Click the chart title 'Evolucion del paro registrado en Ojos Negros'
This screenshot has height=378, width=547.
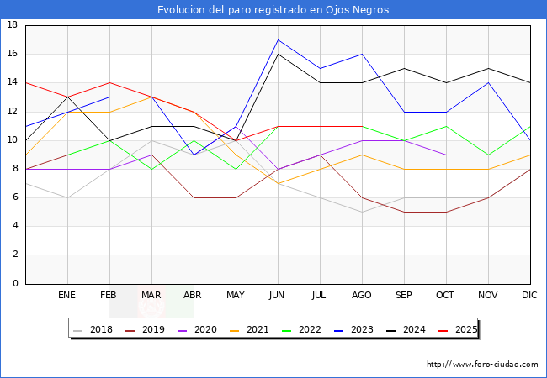coord(273,10)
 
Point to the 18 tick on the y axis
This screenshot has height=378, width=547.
coord(13,25)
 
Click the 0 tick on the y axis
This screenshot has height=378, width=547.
coord(15,284)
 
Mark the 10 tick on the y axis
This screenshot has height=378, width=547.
coord(13,140)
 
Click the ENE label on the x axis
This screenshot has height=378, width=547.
coord(67,296)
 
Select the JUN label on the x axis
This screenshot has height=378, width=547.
coord(278,296)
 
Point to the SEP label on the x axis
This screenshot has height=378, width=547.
coord(404,296)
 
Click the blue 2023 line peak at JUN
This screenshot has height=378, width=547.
coord(278,39)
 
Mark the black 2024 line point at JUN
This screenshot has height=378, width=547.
coord(278,54)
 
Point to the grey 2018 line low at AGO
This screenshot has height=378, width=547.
coord(362,212)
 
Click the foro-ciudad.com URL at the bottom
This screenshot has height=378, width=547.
coord(482,365)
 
